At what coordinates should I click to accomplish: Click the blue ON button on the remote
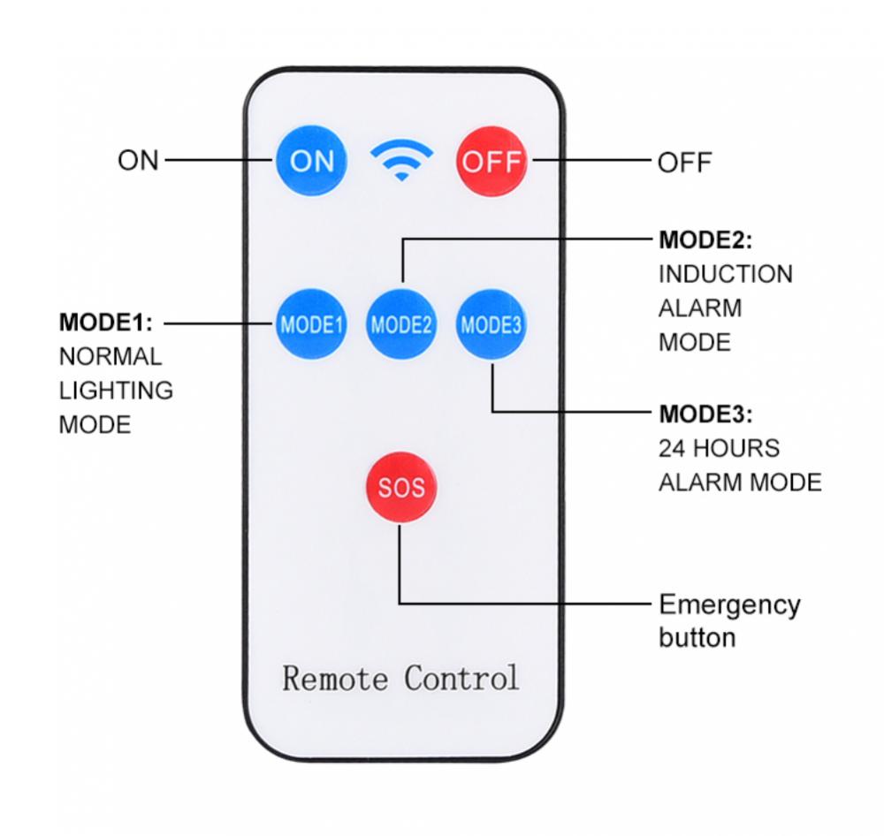312,161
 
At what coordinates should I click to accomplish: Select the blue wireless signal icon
401,162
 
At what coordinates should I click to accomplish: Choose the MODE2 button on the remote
401,323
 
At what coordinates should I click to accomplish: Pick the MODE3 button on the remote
492,324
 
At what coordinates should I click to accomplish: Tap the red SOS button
400,487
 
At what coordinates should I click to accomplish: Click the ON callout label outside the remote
138,161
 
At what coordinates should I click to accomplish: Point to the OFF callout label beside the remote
684,163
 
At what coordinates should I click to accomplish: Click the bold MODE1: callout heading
106,321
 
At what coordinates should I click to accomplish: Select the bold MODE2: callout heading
705,240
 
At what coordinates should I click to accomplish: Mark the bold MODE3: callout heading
705,414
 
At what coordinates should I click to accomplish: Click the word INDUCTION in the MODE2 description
725,274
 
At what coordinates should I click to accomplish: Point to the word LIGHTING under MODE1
116,390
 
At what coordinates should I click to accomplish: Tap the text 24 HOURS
719,448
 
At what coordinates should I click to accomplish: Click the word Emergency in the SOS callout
729,605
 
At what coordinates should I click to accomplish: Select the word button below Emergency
697,637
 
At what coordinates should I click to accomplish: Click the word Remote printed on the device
335,679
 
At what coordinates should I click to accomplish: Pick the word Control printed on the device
461,679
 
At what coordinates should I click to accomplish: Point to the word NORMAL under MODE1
110,356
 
